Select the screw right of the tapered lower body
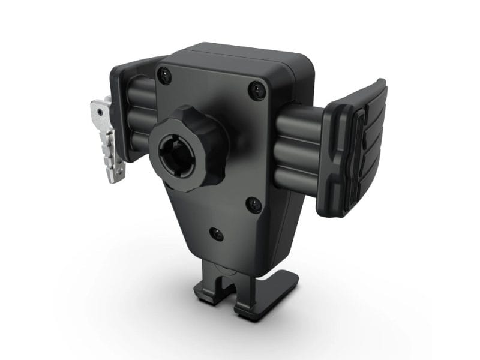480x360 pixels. tap(254, 205)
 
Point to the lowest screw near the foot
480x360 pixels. tap(215, 234)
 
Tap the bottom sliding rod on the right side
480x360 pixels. tap(299, 176)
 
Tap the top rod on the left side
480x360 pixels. tap(142, 90)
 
